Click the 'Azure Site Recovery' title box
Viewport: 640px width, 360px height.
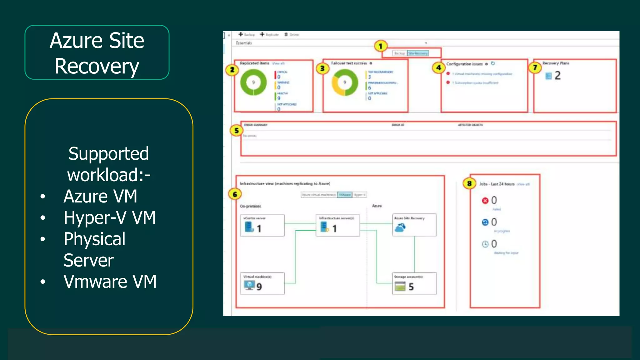[97, 52]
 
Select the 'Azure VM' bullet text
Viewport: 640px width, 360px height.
[100, 196]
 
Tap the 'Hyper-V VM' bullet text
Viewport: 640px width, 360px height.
[110, 217]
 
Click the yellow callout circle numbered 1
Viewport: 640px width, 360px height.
[380, 47]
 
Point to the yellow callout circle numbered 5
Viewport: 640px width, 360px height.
[237, 131]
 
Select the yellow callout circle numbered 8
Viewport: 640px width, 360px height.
[469, 183]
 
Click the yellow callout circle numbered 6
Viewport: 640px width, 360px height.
[235, 194]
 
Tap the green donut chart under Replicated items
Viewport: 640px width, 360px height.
[253, 82]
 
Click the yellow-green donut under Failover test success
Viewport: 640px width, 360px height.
[345, 82]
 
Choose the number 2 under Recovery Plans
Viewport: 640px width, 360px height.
[557, 76]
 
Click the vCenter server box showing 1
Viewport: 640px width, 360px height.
[262, 225]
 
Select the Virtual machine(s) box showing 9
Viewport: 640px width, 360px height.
[262, 283]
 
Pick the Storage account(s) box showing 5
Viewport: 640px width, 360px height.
[414, 283]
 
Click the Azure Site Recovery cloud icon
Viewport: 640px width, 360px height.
[400, 228]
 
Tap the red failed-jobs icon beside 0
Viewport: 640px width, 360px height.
[485, 201]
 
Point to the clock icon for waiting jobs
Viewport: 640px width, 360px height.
[485, 244]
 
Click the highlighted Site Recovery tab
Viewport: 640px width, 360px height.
[418, 53]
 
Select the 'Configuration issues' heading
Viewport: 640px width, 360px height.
[464, 64]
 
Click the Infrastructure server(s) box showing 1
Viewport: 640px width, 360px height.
[337, 225]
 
